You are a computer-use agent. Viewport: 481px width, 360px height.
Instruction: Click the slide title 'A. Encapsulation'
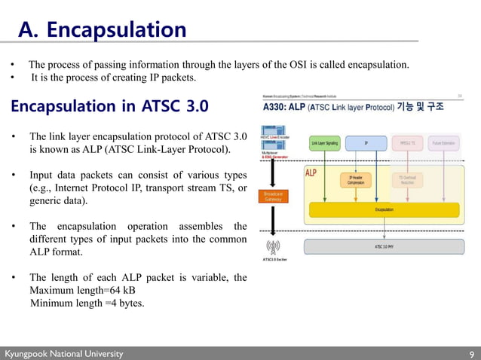click(x=102, y=29)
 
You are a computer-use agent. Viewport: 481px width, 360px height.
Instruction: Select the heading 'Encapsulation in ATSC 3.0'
click(x=109, y=105)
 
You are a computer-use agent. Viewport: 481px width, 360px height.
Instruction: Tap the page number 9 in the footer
click(x=471, y=354)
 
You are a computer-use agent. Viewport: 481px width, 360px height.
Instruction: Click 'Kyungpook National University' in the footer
click(x=63, y=354)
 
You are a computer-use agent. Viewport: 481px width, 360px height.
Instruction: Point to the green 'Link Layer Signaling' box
click(x=324, y=142)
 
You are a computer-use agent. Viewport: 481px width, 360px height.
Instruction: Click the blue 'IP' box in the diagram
click(x=366, y=142)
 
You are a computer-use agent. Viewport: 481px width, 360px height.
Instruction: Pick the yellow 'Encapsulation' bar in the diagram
click(x=384, y=209)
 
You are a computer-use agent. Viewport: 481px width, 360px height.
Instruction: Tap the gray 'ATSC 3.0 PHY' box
click(x=383, y=246)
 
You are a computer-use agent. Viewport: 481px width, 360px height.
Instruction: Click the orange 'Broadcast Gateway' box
click(x=272, y=197)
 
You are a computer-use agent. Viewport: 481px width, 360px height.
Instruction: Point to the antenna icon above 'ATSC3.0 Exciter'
click(x=272, y=247)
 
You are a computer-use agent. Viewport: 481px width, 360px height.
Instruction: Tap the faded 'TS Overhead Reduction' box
click(x=406, y=181)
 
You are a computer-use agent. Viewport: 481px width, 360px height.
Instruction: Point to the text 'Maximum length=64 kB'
click(x=82, y=290)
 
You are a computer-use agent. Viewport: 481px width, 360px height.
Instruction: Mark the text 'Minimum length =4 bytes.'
click(x=87, y=303)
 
